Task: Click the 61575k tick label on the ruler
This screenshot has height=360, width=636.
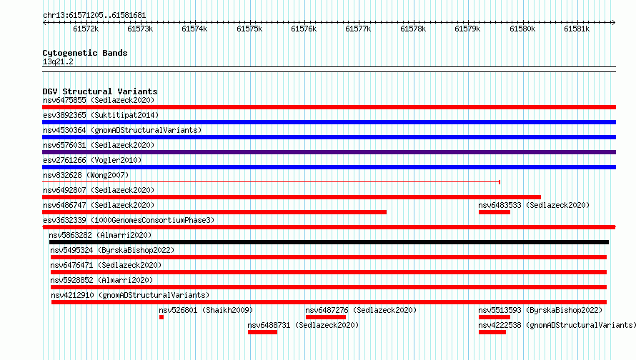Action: (249, 29)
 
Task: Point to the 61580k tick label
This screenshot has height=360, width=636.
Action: (522, 29)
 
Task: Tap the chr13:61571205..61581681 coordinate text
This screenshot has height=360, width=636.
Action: (94, 16)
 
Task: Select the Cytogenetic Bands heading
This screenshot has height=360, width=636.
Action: (85, 53)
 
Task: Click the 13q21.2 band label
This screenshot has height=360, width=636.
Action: (58, 61)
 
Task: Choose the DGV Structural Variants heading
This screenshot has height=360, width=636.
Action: (100, 91)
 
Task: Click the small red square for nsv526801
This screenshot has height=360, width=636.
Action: (162, 317)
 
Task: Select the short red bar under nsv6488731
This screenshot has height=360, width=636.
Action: (262, 332)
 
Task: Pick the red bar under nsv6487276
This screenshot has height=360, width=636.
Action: (326, 317)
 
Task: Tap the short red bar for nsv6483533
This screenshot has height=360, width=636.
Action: (495, 212)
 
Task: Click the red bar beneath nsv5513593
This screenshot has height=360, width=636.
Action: (495, 317)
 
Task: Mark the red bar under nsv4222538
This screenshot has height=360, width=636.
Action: (492, 332)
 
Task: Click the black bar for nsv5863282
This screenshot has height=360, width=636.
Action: (329, 242)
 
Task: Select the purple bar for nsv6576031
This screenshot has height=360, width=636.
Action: (329, 152)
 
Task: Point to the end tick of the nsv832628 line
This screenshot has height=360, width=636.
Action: (500, 182)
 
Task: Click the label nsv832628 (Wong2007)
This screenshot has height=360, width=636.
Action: (86, 175)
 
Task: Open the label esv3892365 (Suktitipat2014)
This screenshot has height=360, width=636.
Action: (101, 115)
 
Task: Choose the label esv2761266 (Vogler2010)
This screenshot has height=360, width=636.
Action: (92, 160)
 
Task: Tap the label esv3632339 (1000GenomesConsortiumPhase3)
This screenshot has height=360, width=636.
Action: (129, 220)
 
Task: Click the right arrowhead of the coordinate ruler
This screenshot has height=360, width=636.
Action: (614, 23)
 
